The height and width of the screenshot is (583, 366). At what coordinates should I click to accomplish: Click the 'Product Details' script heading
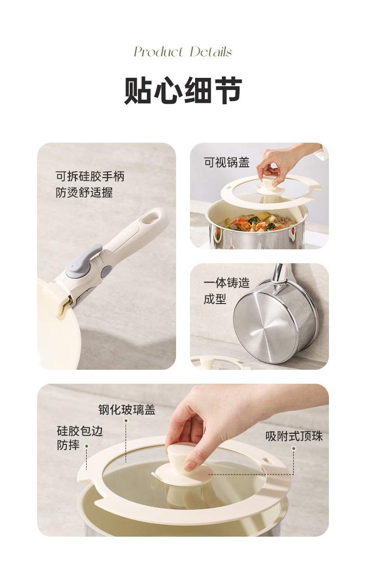pyautogui.click(x=183, y=51)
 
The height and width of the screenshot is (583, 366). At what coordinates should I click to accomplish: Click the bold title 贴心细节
pyautogui.click(x=183, y=90)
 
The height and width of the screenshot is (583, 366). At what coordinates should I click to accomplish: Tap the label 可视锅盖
pyautogui.click(x=227, y=162)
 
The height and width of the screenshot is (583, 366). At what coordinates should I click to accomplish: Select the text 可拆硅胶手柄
pyautogui.click(x=90, y=176)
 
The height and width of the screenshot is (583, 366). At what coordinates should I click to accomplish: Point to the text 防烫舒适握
pyautogui.click(x=84, y=193)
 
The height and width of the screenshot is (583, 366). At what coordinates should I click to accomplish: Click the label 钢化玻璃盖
pyautogui.click(x=127, y=409)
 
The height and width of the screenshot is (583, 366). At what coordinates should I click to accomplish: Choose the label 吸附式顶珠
pyautogui.click(x=294, y=436)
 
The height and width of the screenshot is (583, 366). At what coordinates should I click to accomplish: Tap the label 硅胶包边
pyautogui.click(x=80, y=431)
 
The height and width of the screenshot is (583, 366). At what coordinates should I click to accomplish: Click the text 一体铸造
pyautogui.click(x=227, y=283)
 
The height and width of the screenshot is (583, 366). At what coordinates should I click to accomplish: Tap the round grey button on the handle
pyautogui.click(x=106, y=272)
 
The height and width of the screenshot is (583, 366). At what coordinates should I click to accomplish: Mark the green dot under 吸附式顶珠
pyautogui.click(x=294, y=449)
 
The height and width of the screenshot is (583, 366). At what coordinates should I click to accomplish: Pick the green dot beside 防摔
pyautogui.click(x=87, y=446)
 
